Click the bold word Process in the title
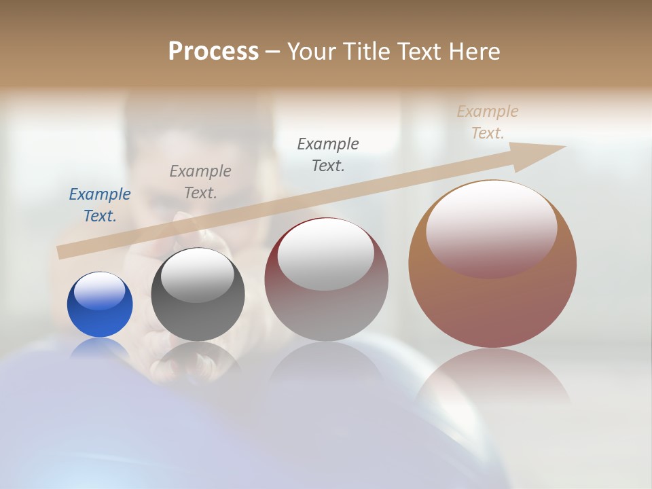tap(213, 51)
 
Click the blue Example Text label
tap(99, 204)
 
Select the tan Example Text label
tap(488, 122)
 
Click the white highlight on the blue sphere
tap(100, 291)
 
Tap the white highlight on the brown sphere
tap(491, 228)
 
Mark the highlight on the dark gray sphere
tap(197, 275)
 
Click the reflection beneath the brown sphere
tap(492, 377)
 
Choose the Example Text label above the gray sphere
tap(200, 181)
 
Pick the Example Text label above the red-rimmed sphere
tap(328, 154)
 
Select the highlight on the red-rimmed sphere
tap(325, 253)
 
